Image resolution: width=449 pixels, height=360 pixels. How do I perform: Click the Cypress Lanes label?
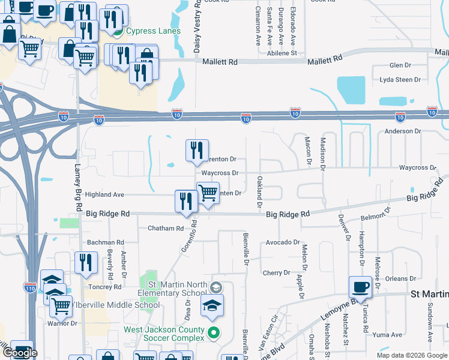[x=148, y=31]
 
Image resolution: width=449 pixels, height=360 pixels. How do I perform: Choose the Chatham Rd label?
[x=165, y=229]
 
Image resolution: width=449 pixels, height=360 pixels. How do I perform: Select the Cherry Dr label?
[x=276, y=272]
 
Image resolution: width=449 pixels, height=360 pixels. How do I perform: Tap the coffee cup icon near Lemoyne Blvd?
[x=361, y=287]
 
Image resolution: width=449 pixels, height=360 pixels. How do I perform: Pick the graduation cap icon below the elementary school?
[x=212, y=305]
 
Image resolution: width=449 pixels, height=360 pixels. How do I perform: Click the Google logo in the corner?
[x=20, y=353]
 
